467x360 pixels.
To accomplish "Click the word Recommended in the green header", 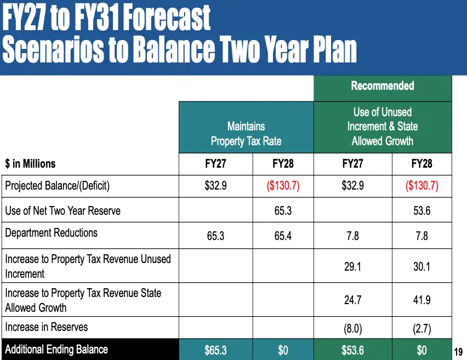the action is pyautogui.click(x=383, y=86).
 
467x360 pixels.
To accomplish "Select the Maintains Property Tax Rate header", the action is pyautogui.click(x=246, y=134).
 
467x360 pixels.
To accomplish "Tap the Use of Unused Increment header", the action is pyautogui.click(x=383, y=126).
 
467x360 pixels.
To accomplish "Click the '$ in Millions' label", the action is pyautogui.click(x=30, y=163).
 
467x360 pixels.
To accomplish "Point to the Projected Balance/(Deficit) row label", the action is pyautogui.click(x=57, y=186).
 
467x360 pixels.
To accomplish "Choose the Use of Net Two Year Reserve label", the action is pyautogui.click(x=63, y=210).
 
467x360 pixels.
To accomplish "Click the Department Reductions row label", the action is pyautogui.click(x=51, y=232).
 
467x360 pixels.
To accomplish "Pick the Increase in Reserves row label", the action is pyautogui.click(x=47, y=327).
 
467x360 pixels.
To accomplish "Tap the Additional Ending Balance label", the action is pyautogui.click(x=56, y=349).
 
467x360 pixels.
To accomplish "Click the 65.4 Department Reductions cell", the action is pyautogui.click(x=283, y=236).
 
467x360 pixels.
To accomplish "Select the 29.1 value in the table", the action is pyautogui.click(x=352, y=266).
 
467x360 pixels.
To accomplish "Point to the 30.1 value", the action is pyautogui.click(x=422, y=266).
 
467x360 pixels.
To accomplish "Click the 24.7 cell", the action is pyautogui.click(x=352, y=300).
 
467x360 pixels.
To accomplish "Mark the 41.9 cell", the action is pyautogui.click(x=422, y=300).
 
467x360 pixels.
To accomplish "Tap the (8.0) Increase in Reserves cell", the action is pyautogui.click(x=352, y=329).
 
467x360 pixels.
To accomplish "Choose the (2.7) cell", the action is pyautogui.click(x=422, y=329).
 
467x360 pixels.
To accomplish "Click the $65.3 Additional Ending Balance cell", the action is pyautogui.click(x=215, y=350).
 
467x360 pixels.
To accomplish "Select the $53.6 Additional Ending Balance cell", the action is pyautogui.click(x=352, y=350).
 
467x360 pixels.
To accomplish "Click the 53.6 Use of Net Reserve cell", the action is pyautogui.click(x=422, y=210).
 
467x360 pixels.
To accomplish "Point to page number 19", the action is pyautogui.click(x=458, y=352).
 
